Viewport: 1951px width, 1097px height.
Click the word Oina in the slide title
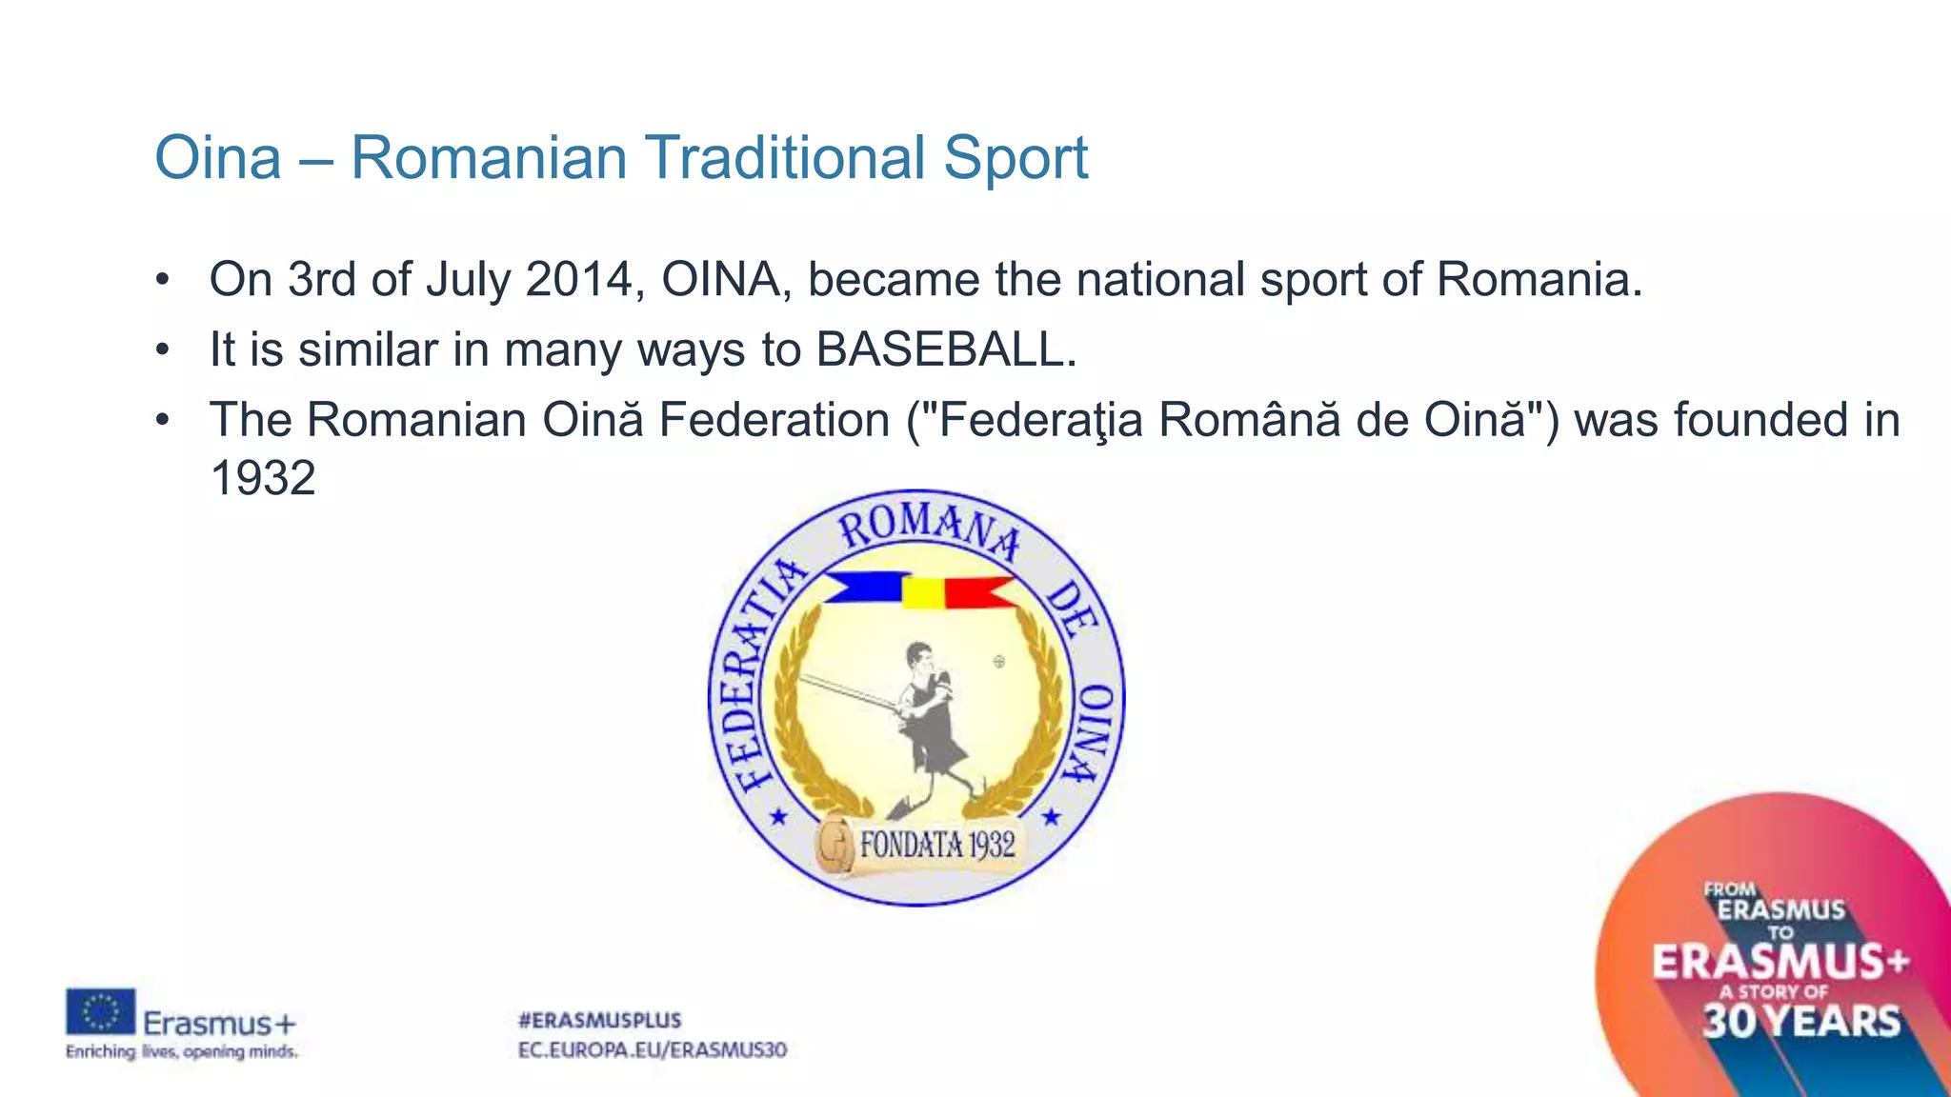click(x=218, y=157)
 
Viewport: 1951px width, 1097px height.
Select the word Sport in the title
click(x=1016, y=157)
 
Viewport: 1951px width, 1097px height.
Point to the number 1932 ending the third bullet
click(x=262, y=478)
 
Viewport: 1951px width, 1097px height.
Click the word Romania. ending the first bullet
click(x=1539, y=280)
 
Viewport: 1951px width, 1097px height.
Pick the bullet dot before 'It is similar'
click(x=163, y=350)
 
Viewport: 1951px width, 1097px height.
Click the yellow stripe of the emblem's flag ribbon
click(x=922, y=592)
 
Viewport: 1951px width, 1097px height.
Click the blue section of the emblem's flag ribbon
click(x=867, y=588)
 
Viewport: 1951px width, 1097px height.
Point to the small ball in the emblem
click(x=999, y=661)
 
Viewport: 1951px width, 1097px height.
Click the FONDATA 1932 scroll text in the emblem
click(x=936, y=845)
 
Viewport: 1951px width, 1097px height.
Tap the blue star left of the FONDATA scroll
click(x=778, y=817)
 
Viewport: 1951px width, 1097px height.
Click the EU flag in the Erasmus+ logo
click(x=100, y=1011)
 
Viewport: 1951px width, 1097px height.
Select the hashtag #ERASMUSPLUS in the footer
click(x=599, y=1021)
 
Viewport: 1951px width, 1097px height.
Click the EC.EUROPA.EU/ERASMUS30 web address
click(x=653, y=1050)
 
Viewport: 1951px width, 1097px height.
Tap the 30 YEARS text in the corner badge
click(x=1800, y=1022)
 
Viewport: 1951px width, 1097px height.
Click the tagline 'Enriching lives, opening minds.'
click(x=181, y=1052)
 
